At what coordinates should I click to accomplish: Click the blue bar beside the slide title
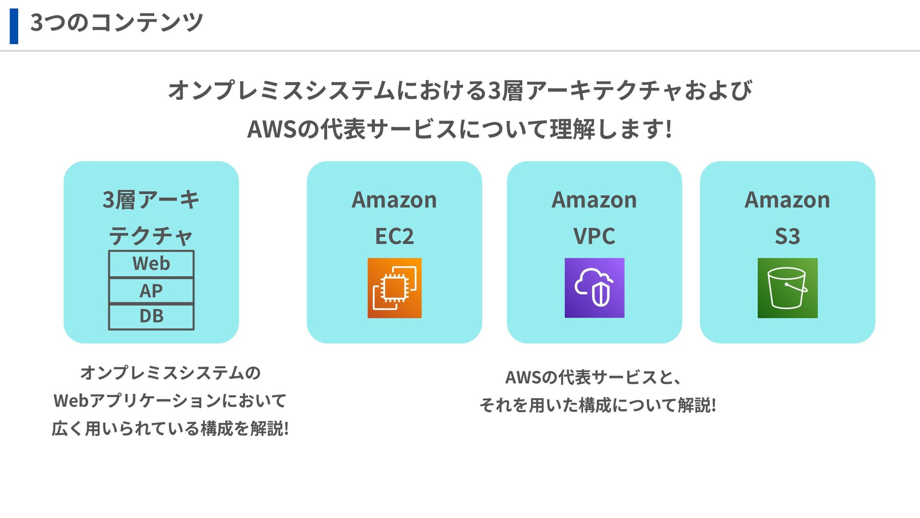[14, 26]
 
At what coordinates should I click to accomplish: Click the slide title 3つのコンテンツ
[116, 23]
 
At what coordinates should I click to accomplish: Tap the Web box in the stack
[151, 264]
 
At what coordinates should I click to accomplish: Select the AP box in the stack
[151, 291]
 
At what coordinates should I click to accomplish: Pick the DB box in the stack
[151, 317]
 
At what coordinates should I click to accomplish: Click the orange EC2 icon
[394, 288]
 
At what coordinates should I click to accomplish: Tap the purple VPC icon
[594, 288]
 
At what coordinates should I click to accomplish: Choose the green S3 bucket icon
[787, 288]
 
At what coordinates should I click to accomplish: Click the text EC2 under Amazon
[394, 236]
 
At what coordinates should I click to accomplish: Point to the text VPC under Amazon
[594, 236]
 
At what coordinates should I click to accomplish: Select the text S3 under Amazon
[787, 236]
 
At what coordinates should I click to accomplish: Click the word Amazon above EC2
[394, 200]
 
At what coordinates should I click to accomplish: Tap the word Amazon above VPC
[594, 200]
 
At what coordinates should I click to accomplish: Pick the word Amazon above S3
[787, 200]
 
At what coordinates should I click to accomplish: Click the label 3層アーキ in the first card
[151, 200]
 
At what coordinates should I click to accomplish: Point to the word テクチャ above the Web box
[151, 236]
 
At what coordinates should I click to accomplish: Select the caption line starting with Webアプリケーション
[170, 400]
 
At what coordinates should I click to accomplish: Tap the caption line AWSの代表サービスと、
[593, 377]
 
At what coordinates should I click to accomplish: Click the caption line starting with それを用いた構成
[598, 405]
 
